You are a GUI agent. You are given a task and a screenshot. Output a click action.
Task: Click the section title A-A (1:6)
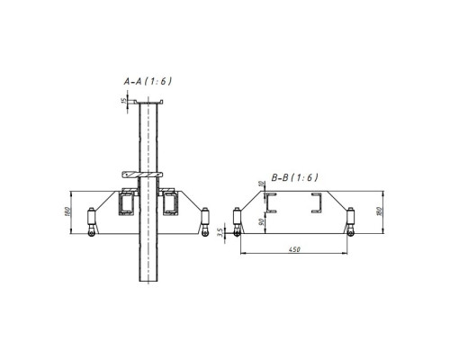148,81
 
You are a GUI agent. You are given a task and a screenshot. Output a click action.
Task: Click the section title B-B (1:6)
294,177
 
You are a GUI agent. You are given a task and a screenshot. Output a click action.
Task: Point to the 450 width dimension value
294,249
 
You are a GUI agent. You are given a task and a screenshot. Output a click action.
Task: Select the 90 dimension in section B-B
261,222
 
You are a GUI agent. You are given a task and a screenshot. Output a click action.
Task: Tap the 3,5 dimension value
221,232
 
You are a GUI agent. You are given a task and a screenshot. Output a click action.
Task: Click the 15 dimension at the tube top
123,101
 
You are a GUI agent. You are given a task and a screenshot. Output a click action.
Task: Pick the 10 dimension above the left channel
261,184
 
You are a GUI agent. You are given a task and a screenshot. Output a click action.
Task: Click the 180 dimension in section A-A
67,211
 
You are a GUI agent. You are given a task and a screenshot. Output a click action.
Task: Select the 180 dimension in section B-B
379,211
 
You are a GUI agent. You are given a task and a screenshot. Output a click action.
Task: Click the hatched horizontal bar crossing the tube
142,175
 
